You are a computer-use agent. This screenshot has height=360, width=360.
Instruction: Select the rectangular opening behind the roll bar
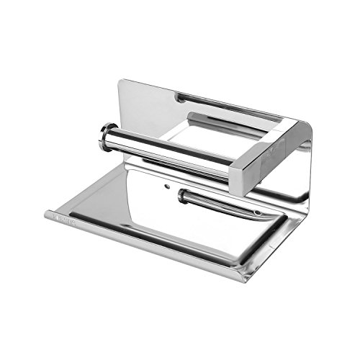click(x=216, y=133)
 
